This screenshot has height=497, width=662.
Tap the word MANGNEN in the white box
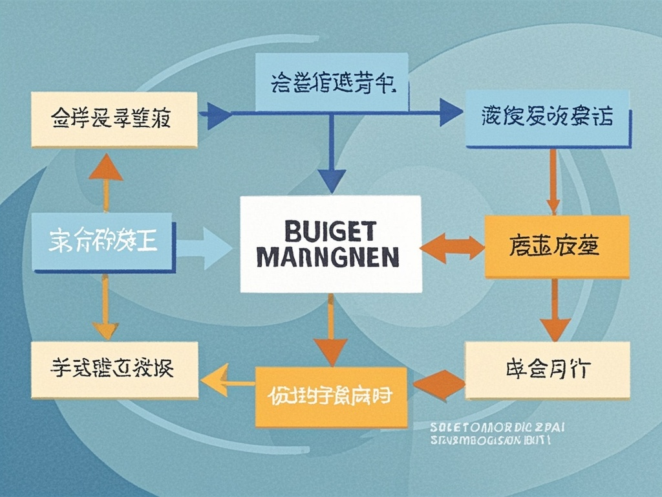[x=328, y=257]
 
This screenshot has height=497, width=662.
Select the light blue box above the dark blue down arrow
[x=332, y=82]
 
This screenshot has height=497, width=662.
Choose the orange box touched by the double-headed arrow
[x=556, y=247]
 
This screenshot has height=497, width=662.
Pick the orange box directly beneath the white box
[x=330, y=396]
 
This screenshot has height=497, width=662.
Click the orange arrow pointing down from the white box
[x=330, y=337]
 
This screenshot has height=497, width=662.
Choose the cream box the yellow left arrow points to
[x=114, y=370]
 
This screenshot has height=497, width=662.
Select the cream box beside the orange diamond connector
[x=547, y=370]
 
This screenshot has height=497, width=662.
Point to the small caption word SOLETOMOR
[x=462, y=427]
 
